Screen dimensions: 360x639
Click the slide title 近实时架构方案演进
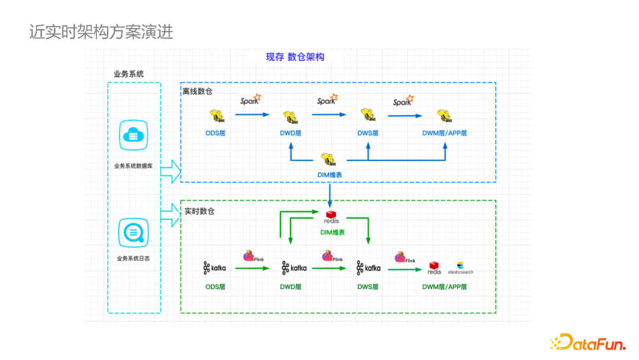point(101,31)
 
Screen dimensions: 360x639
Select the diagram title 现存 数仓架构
point(295,57)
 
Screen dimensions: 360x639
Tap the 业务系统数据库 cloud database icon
point(134,135)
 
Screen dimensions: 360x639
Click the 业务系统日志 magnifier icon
point(134,232)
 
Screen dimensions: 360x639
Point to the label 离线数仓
point(197,92)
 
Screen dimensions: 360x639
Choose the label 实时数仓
point(199,211)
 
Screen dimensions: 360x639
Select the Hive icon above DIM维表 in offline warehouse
point(330,159)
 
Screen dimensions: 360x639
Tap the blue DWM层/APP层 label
point(444,133)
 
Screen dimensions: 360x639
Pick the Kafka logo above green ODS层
point(214,268)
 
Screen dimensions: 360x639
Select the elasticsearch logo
point(461,268)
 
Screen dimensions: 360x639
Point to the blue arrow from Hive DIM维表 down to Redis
point(330,194)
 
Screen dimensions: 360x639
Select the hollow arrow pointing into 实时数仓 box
point(170,216)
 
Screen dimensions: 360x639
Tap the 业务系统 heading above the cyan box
point(128,75)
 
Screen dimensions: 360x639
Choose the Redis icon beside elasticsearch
point(435,268)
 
